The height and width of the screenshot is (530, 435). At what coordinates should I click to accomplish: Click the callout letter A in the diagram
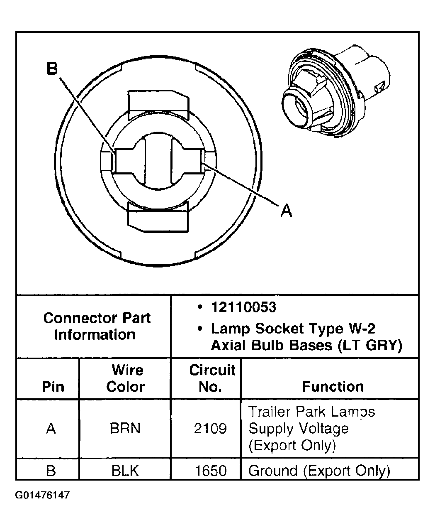[x=286, y=211]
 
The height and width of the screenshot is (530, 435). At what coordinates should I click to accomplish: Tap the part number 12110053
[x=243, y=307]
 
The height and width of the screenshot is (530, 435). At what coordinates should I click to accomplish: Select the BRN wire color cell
[x=125, y=428]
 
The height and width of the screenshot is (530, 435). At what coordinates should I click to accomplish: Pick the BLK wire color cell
[x=125, y=471]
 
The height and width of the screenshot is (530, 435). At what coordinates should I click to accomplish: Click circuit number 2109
[x=210, y=428]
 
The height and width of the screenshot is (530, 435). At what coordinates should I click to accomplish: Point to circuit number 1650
[x=211, y=471]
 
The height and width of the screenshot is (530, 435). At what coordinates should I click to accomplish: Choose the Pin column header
[x=53, y=387]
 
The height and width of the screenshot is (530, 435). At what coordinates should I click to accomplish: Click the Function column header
[x=333, y=387]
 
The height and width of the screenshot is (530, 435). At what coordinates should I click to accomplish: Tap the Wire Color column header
[x=126, y=378]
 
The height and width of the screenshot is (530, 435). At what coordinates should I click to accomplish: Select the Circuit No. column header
[x=212, y=378]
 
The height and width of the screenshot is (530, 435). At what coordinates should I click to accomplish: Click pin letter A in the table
[x=51, y=428]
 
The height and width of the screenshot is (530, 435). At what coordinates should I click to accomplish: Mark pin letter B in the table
[x=51, y=471]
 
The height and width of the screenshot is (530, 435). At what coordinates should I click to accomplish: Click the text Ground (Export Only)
[x=319, y=471]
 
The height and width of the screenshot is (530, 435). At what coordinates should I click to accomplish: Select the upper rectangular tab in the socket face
[x=158, y=103]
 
